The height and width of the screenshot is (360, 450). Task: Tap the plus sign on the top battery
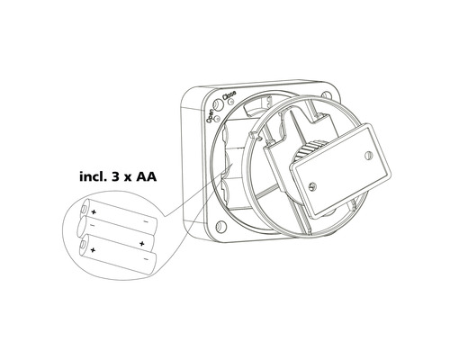(94, 211)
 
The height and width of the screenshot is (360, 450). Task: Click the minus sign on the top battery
(146, 220)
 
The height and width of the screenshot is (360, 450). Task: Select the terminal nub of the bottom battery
(82, 247)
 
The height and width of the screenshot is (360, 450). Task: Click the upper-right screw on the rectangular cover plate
(364, 154)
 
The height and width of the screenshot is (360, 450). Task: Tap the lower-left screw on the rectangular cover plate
(310, 186)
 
